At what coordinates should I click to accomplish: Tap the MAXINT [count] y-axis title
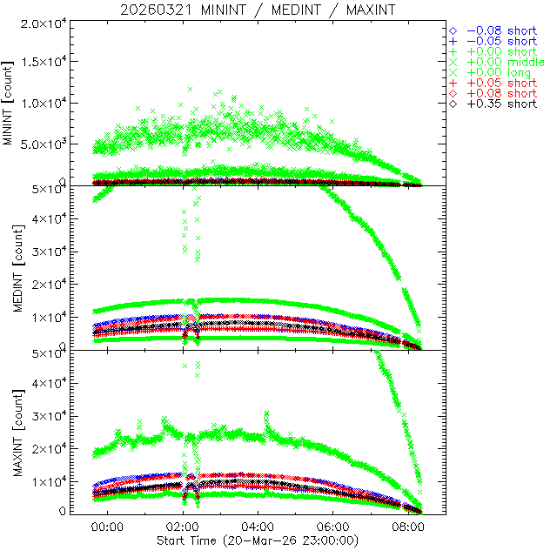click(10, 433)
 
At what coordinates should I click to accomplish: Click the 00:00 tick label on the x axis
click(108, 527)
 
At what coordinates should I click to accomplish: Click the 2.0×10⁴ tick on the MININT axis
click(43, 23)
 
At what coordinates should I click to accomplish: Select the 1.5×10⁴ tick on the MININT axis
click(43, 63)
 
